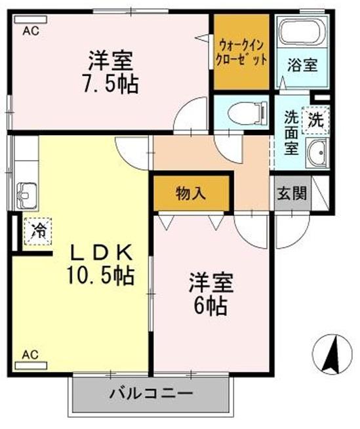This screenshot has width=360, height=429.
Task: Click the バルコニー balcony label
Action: (151, 394)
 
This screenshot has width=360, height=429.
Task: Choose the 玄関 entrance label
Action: (291, 195)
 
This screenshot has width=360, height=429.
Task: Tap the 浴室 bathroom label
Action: (303, 65)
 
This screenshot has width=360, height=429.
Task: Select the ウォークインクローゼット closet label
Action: (242, 52)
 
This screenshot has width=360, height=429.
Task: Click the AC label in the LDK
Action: (30, 354)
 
